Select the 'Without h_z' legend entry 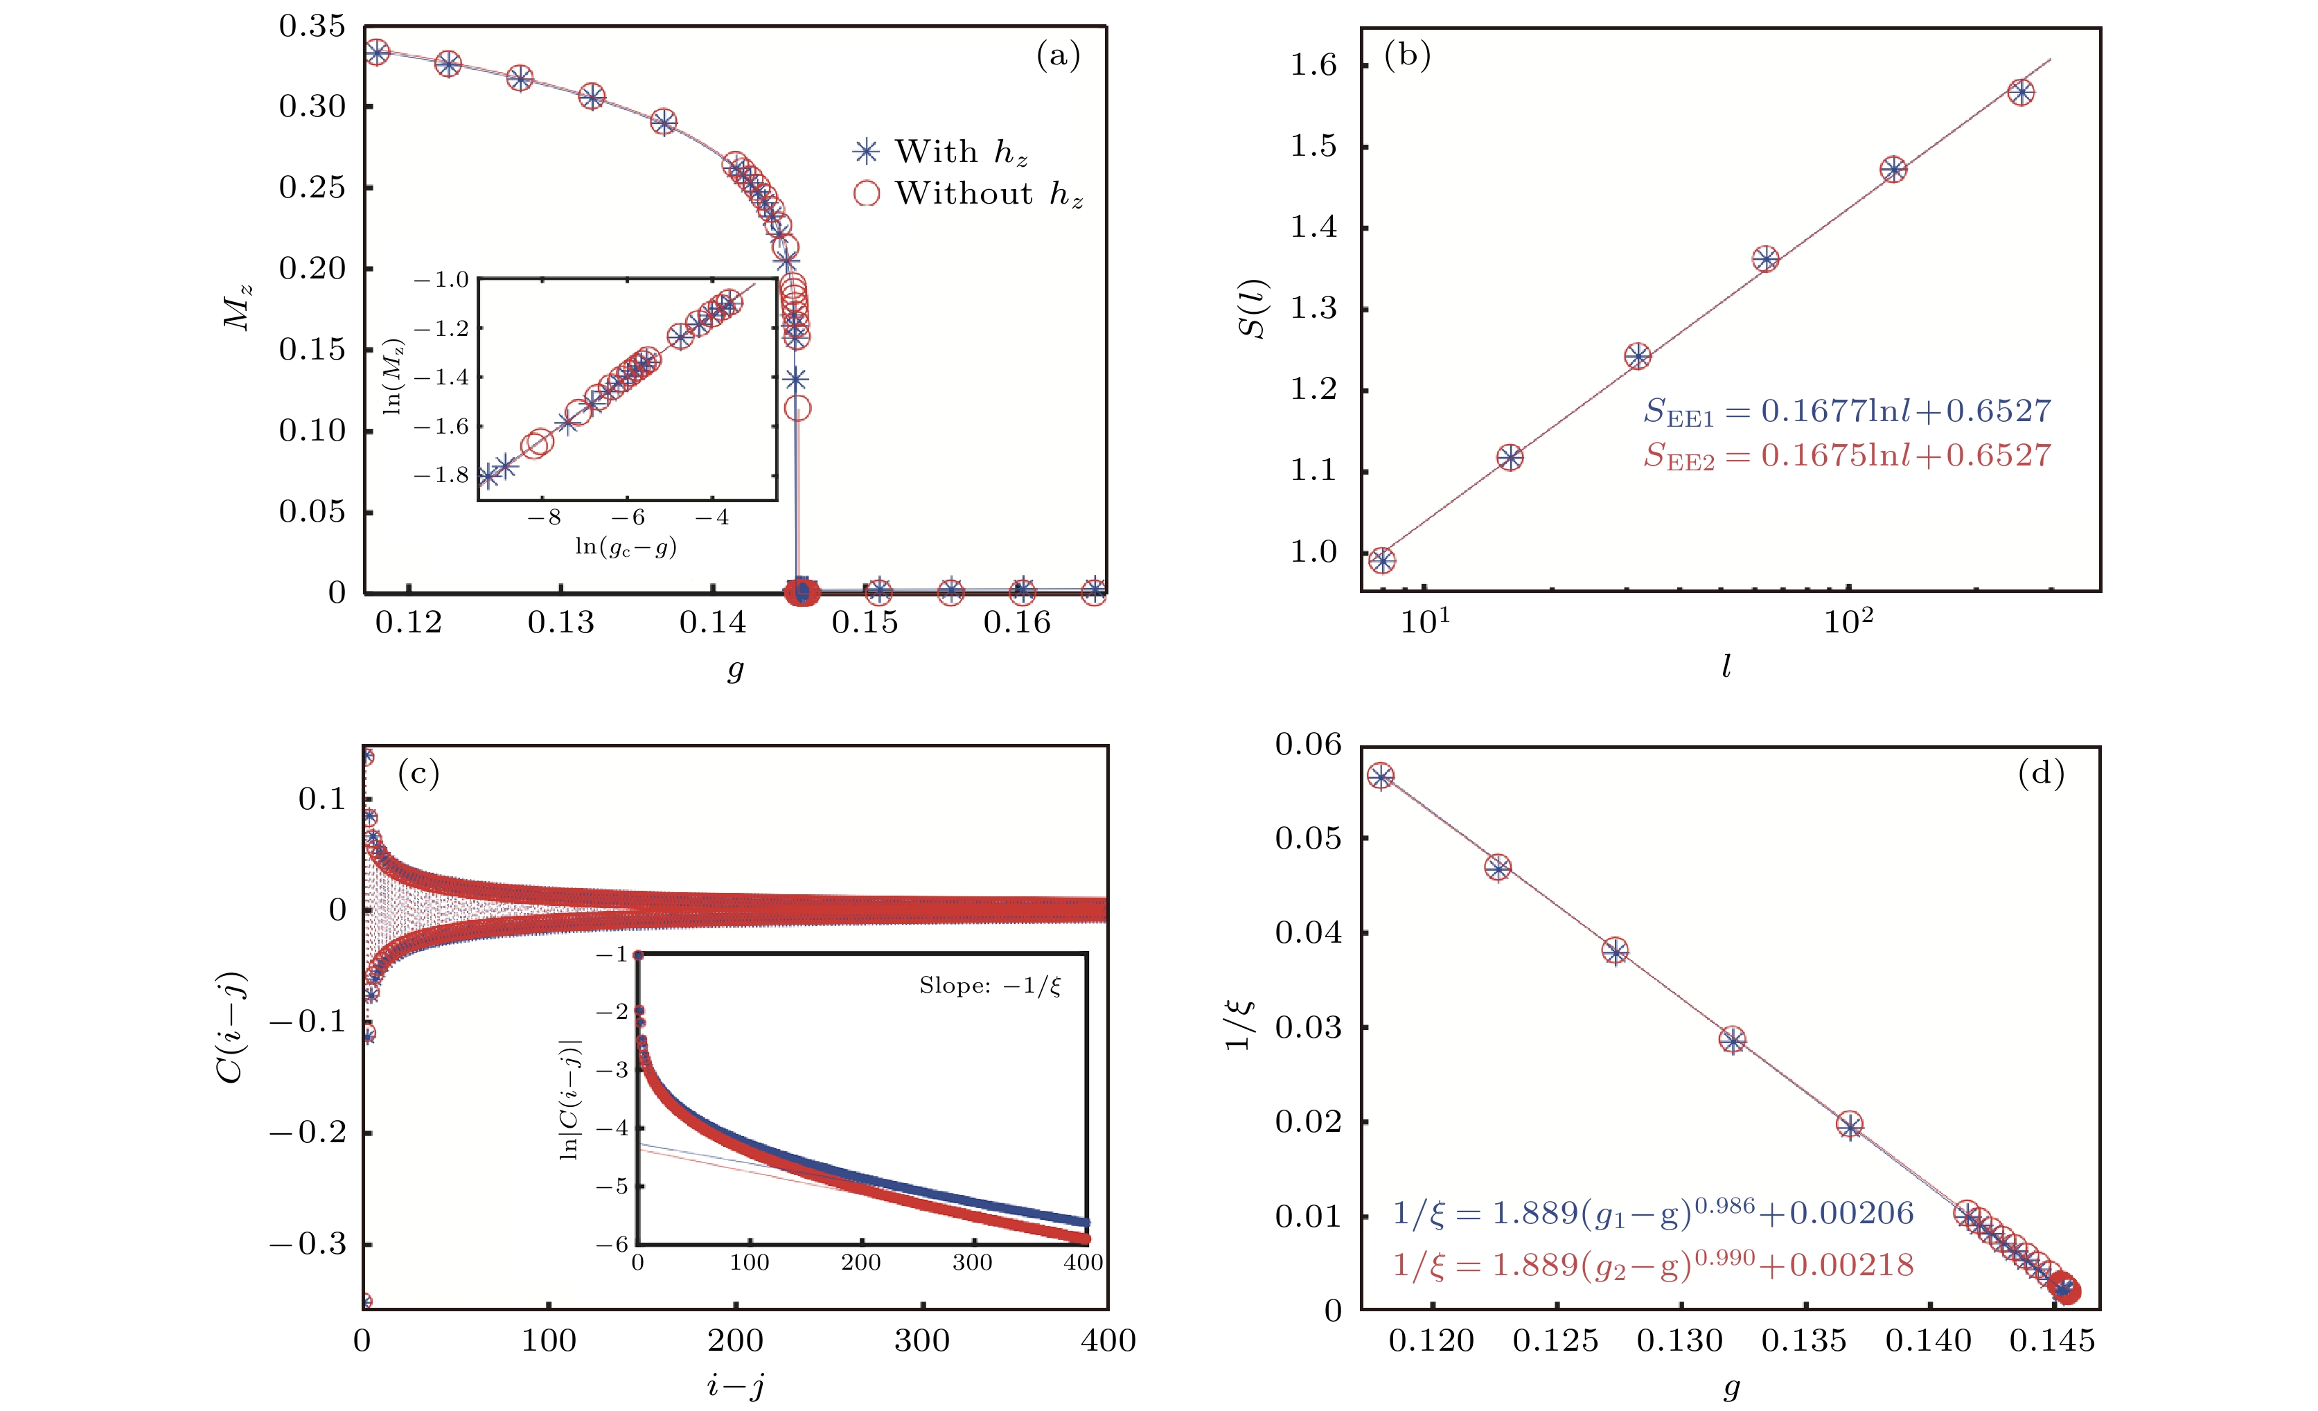tap(969, 194)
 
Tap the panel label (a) tap(1059, 55)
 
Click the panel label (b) tap(1408, 55)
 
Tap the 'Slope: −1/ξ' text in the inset tap(990, 986)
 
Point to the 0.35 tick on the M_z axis tap(312, 26)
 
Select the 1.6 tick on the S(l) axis tap(1313, 65)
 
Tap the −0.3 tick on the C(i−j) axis tap(308, 1245)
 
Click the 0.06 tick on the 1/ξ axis tap(1309, 745)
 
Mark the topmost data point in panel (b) tap(2021, 92)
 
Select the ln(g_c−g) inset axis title tap(626, 547)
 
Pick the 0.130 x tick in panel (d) tap(1680, 1340)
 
